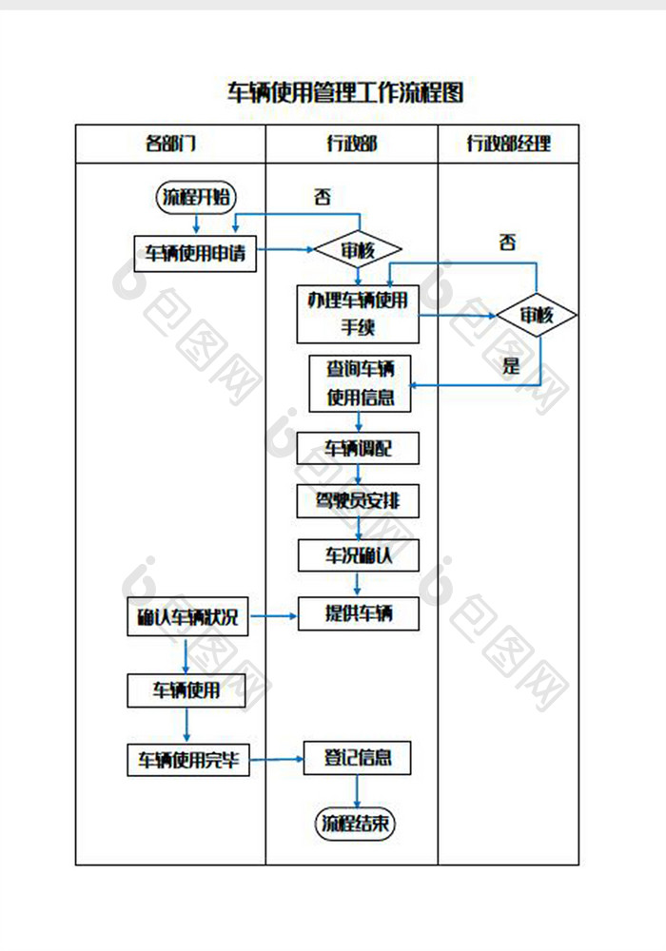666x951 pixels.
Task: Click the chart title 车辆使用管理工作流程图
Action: tap(345, 92)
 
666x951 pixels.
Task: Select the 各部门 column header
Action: tap(170, 145)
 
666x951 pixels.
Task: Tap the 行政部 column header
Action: tap(351, 145)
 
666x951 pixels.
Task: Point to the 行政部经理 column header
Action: tap(508, 145)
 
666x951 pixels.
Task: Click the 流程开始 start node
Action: tap(196, 197)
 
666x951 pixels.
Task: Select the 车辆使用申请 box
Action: tap(195, 253)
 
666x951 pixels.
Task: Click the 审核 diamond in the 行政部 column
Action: tap(358, 251)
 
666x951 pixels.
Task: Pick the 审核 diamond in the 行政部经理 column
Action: tap(537, 315)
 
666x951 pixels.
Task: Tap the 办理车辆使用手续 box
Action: tap(358, 314)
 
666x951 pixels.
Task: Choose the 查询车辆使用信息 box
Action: tap(360, 383)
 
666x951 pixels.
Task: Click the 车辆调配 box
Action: tap(358, 448)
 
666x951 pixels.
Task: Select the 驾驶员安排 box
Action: tap(358, 501)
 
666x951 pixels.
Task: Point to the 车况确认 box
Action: tap(359, 555)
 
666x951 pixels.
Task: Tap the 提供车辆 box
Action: tap(359, 613)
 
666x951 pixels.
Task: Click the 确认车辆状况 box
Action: tap(186, 618)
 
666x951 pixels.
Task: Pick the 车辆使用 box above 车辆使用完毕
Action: tap(186, 690)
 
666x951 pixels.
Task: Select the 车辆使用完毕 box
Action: tap(188, 760)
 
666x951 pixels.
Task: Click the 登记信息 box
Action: tap(358, 758)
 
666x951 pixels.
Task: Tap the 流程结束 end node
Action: tap(355, 824)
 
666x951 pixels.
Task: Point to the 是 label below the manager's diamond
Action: tap(512, 366)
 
